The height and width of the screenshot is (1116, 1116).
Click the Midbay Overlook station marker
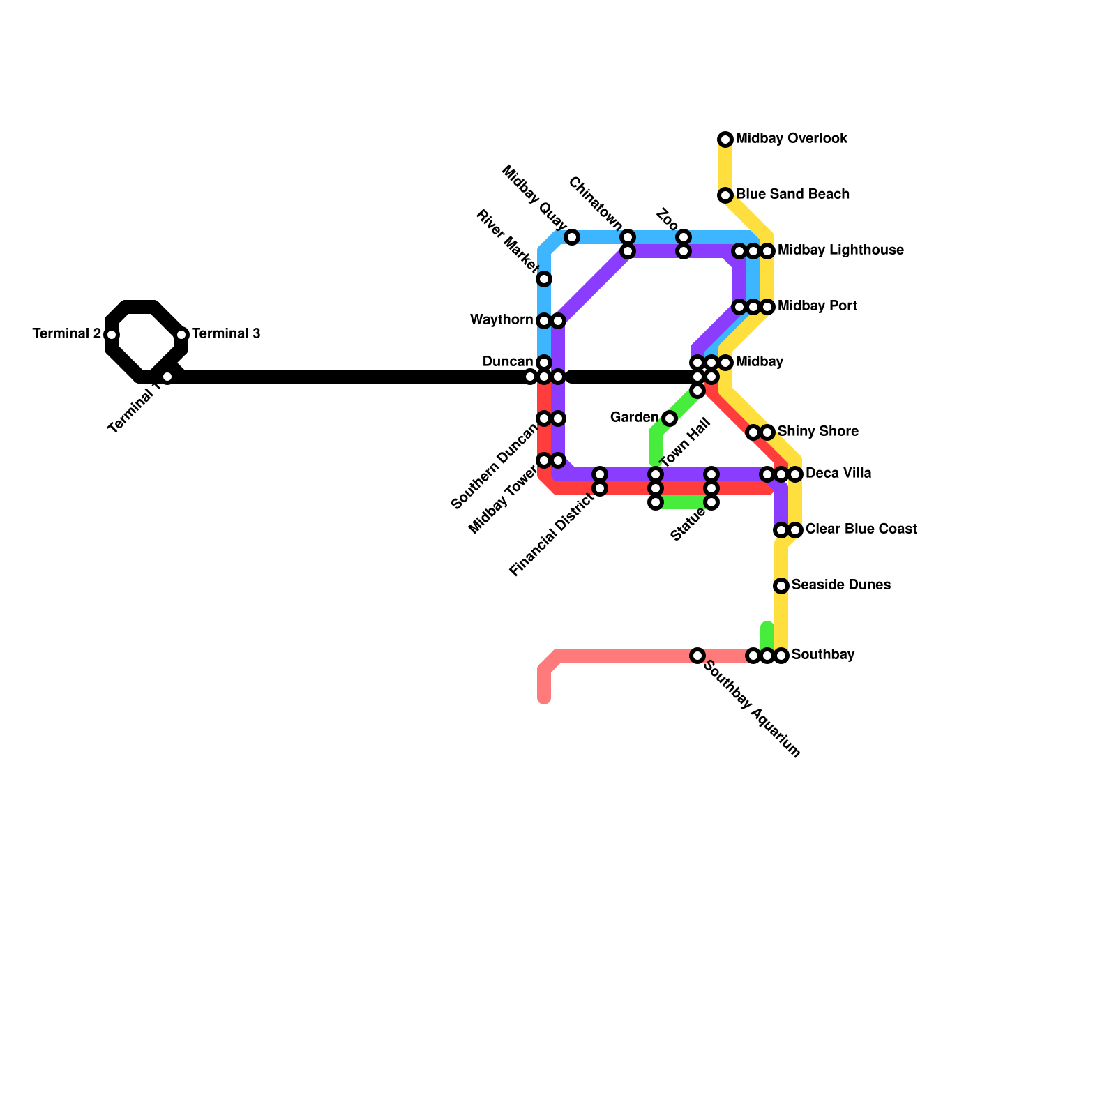coord(725,139)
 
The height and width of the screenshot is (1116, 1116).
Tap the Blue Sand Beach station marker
coord(725,195)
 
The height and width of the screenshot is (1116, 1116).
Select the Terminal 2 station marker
coord(112,335)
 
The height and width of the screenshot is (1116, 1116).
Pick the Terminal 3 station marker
coord(181,335)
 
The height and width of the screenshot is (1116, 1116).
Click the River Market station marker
coord(544,279)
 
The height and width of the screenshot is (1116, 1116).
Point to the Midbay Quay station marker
coord(572,237)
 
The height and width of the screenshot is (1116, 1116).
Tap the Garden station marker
coord(670,418)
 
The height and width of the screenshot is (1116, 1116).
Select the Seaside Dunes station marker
coord(781,586)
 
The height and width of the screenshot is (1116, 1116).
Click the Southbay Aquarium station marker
coord(697,656)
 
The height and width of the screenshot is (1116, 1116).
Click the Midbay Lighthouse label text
coord(840,250)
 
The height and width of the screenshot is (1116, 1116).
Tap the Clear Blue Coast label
coord(861,529)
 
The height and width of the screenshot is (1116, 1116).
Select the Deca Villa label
coord(838,473)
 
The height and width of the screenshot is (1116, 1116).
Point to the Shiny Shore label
coord(817,431)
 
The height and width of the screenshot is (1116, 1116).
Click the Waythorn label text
coord(502,319)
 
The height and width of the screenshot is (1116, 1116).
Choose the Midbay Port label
coord(817,306)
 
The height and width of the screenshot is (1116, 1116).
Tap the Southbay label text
coord(823,654)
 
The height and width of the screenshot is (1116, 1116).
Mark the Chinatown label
coord(595,203)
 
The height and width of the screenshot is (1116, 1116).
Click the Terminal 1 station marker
coord(167,377)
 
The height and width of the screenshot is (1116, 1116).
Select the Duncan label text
coord(508,361)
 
